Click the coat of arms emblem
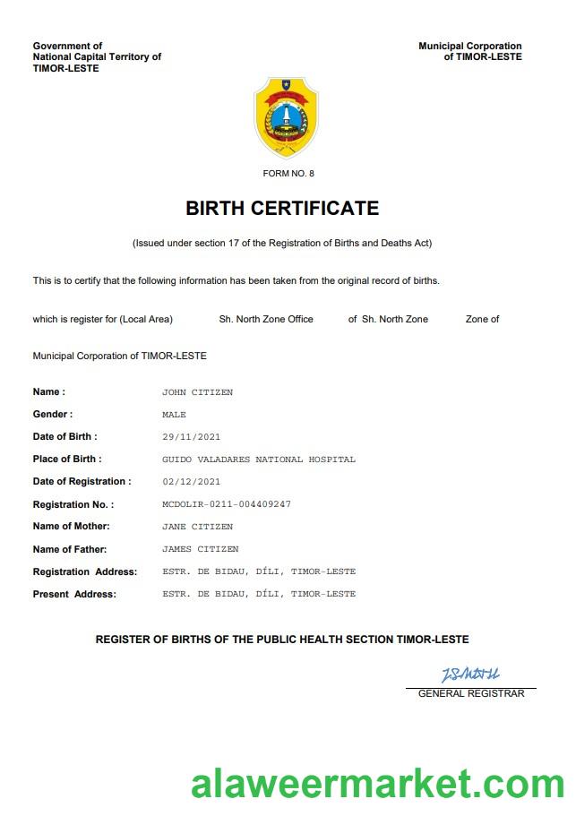pyautogui.click(x=287, y=117)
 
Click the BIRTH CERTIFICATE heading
pyautogui.click(x=282, y=209)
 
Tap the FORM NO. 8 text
pyautogui.click(x=288, y=173)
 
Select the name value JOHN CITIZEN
pyautogui.click(x=197, y=392)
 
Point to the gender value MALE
pyautogui.click(x=174, y=415)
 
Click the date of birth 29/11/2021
pyautogui.click(x=191, y=437)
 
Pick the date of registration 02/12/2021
pyautogui.click(x=191, y=482)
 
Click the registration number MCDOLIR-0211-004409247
pyautogui.click(x=226, y=504)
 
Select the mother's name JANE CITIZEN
pyautogui.click(x=197, y=527)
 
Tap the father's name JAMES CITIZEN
pyautogui.click(x=200, y=549)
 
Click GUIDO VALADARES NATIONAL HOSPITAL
pyautogui.click(x=258, y=460)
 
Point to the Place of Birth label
pyautogui.click(x=66, y=460)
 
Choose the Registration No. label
pyautogui.click(x=73, y=505)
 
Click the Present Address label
pyautogui.click(x=74, y=594)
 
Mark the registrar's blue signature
pyautogui.click(x=470, y=674)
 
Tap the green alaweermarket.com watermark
pyautogui.click(x=377, y=784)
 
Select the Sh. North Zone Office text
pyautogui.click(x=266, y=319)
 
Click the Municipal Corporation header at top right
pyautogui.click(x=469, y=51)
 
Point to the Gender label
pyautogui.click(x=53, y=415)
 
